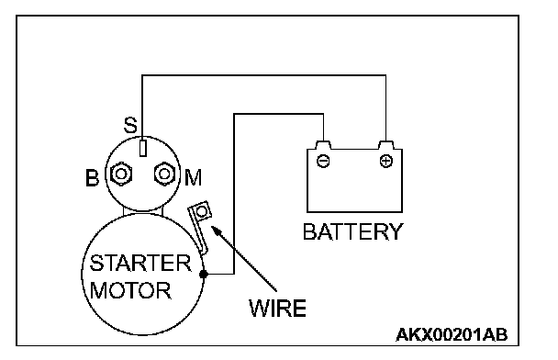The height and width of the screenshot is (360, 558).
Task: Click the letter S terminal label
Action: point(130,125)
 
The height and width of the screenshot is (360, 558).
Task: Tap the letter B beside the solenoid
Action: point(92,177)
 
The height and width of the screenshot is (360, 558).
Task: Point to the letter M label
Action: point(194,177)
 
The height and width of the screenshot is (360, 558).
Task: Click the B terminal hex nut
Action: point(121,174)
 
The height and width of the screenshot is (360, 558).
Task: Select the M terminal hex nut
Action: point(164,174)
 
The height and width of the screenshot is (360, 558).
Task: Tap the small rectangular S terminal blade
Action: point(142,148)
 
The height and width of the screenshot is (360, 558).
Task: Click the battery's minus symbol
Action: point(323,161)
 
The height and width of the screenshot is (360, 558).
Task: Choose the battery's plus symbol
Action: point(386,161)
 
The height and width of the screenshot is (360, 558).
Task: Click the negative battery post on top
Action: point(323,145)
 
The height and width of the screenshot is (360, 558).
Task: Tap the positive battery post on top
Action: point(386,145)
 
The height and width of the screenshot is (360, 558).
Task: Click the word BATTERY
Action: point(352,231)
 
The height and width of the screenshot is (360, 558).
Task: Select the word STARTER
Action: point(140,264)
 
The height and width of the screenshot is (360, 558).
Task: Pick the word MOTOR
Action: point(130,290)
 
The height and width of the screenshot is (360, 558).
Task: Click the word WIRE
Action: point(277,308)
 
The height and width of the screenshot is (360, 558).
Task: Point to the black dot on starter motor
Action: point(203,275)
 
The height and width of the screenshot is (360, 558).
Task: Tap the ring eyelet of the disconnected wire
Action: point(202,212)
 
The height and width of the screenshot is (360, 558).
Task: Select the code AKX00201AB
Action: point(452,334)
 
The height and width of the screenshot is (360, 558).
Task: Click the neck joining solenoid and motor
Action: point(142,212)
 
